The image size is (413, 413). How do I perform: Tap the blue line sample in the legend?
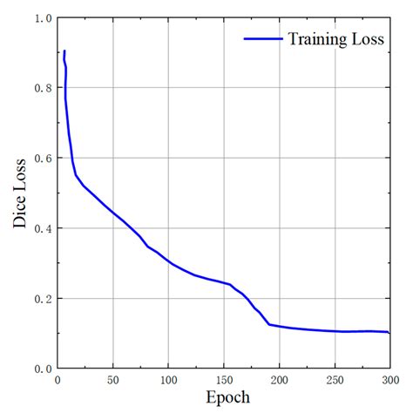(263, 39)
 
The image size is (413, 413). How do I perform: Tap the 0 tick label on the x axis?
(58, 380)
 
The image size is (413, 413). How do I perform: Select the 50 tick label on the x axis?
(113, 380)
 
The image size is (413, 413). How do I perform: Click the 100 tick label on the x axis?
(168, 380)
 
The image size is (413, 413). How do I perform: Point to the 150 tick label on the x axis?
(224, 380)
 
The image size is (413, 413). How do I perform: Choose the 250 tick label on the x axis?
(335, 380)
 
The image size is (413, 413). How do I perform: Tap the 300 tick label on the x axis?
(389, 380)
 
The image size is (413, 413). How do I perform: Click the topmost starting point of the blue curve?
(64, 51)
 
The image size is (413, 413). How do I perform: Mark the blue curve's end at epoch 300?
(389, 333)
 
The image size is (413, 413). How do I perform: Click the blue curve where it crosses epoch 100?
(168, 262)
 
